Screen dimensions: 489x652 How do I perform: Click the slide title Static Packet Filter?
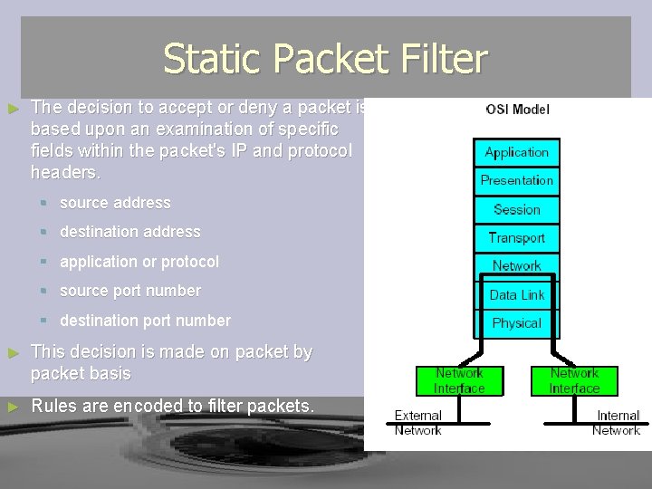tap(325, 60)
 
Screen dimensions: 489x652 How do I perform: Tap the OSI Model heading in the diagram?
tap(517, 110)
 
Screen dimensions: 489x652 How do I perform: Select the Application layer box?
tap(517, 152)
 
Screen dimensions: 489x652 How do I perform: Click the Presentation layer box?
tap(517, 180)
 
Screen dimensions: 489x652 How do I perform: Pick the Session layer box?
tap(517, 209)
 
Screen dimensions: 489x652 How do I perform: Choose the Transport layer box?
tap(517, 237)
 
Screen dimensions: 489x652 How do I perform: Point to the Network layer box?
tap(517, 266)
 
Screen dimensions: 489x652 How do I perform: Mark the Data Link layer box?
tap(517, 294)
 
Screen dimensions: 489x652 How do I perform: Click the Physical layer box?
tap(517, 323)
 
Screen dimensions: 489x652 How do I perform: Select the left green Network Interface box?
tap(459, 380)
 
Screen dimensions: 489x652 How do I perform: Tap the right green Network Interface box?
tap(575, 380)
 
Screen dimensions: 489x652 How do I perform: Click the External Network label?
tap(418, 423)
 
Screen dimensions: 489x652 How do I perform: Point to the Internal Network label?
tap(617, 423)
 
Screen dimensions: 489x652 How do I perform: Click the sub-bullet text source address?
tap(115, 203)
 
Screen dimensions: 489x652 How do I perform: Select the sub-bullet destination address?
tap(129, 232)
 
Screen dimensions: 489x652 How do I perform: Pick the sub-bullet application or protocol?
tap(139, 262)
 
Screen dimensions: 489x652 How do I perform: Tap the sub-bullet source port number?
tap(130, 291)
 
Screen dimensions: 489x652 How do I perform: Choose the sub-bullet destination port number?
tap(145, 321)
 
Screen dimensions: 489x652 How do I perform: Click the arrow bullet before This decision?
tap(13, 352)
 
